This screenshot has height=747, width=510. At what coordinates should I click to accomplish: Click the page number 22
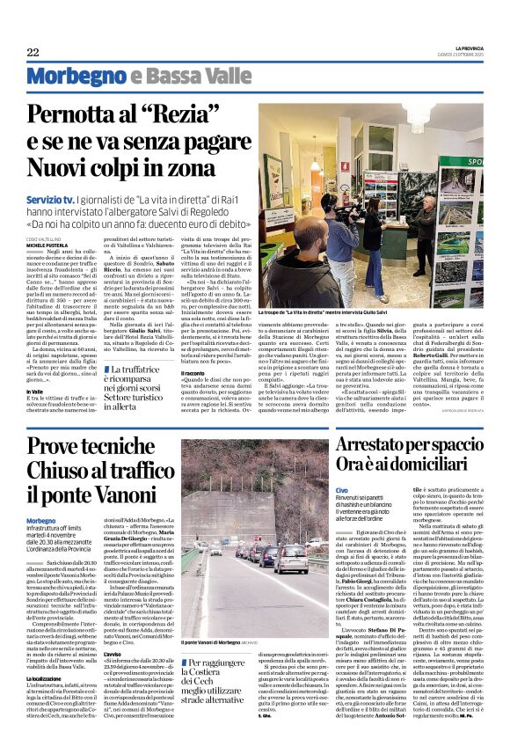tap(33, 52)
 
